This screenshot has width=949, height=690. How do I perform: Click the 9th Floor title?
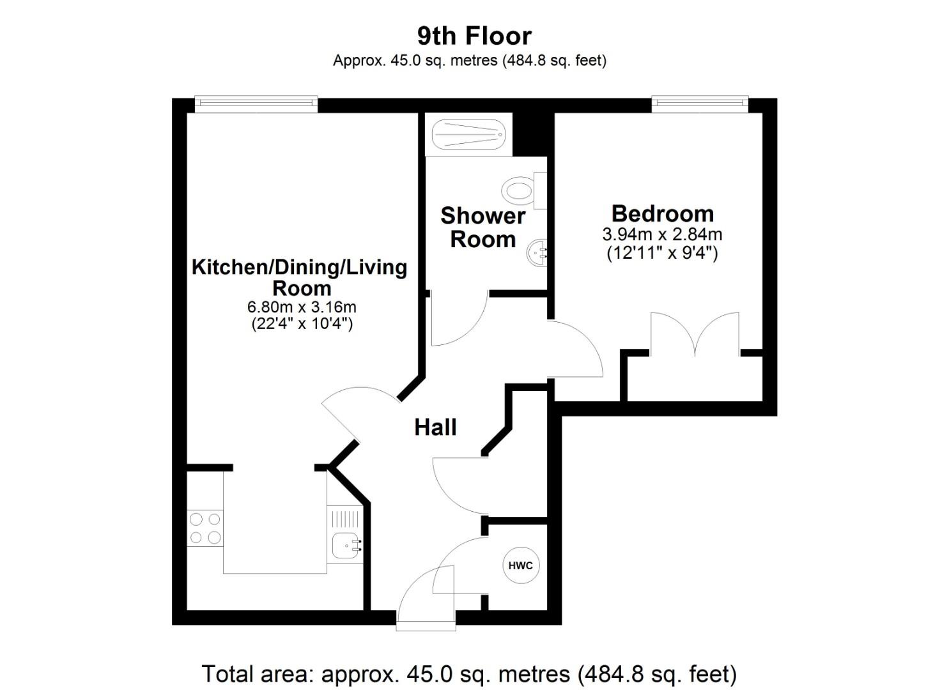pos(474,36)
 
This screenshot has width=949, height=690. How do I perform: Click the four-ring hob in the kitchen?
pos(205,528)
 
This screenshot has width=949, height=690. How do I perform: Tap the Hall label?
pos(435,427)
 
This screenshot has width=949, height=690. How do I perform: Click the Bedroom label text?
pos(662,213)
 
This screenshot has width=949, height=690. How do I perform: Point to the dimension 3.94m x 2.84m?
pos(662,234)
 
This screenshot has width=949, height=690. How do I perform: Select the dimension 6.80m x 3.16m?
pos(302,307)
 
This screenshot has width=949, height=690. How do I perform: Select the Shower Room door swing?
pos(458,319)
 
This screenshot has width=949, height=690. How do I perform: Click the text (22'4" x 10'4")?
pos(302,324)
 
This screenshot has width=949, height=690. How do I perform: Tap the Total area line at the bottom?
pos(469,674)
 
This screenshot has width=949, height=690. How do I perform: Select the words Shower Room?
pos(483,227)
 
